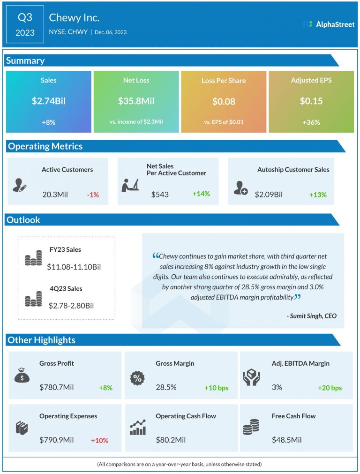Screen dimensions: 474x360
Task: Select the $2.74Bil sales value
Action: pyautogui.click(x=48, y=101)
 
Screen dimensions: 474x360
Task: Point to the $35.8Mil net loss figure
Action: pyautogui.click(x=136, y=101)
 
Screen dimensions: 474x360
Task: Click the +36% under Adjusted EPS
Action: pyautogui.click(x=311, y=122)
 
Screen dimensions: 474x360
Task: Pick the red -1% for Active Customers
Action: pyautogui.click(x=93, y=194)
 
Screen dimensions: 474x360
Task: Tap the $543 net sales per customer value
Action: pyautogui.click(x=160, y=194)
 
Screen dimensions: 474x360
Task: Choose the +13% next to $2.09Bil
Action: pyautogui.click(x=317, y=194)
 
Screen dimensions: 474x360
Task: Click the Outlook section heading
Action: pyautogui.click(x=24, y=220)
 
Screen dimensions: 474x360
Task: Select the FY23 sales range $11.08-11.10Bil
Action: pyautogui.click(x=74, y=267)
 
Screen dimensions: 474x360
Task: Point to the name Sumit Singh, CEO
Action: pyautogui.click(x=311, y=316)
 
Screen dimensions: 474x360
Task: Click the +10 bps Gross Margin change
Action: pyautogui.click(x=216, y=388)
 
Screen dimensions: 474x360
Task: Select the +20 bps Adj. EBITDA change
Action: pyautogui.click(x=330, y=388)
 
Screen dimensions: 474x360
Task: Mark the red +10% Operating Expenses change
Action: pyautogui.click(x=99, y=440)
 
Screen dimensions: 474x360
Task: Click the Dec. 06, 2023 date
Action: pyautogui.click(x=111, y=32)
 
